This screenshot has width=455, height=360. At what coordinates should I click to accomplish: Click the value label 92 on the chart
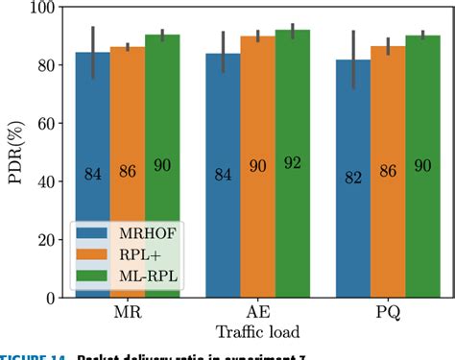(292, 163)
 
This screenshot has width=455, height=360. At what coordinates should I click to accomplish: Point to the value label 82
(354, 176)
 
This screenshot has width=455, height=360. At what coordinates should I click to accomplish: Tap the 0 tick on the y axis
(47, 299)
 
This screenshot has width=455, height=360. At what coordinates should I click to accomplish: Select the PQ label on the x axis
(389, 315)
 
